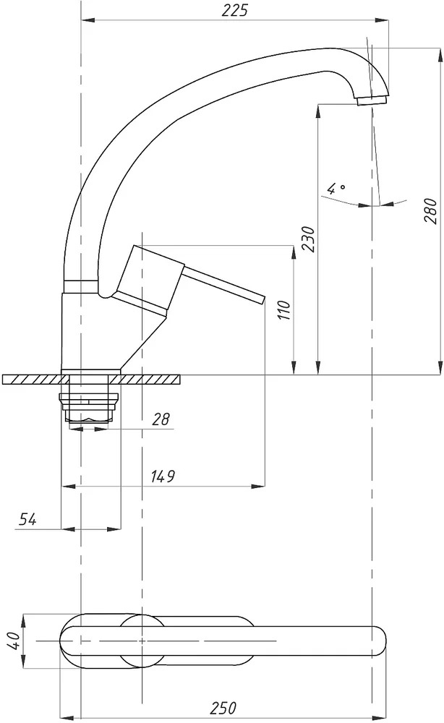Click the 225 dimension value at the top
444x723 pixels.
tap(234, 10)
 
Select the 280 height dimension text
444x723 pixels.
tap(430, 210)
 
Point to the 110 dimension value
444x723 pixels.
tap(284, 310)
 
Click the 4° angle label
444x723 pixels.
tap(336, 189)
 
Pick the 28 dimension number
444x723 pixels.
tap(161, 419)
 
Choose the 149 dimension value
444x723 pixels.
tap(163, 476)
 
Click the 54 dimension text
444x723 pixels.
tap(27, 519)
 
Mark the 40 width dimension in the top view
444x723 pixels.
tap(16, 641)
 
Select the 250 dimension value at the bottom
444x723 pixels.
tap(223, 707)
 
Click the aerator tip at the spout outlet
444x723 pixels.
tap(372, 100)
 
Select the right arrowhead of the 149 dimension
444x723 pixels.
tap(258, 486)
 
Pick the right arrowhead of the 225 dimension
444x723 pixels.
tap(381, 20)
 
